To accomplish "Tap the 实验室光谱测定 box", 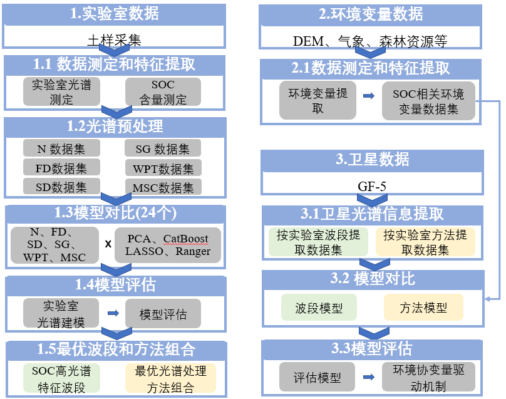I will (62, 91).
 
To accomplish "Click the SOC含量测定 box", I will (163, 91).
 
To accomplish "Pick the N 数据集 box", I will (62, 148).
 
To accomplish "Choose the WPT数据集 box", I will (163, 168).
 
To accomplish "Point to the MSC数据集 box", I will (163, 187).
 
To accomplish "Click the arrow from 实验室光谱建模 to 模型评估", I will (113, 313).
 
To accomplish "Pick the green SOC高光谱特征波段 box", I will (62, 378).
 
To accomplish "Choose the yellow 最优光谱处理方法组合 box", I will (170, 378).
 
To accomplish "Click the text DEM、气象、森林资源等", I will (370, 41).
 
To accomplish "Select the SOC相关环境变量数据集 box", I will (428, 101).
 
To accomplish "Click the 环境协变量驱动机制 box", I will (428, 378).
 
